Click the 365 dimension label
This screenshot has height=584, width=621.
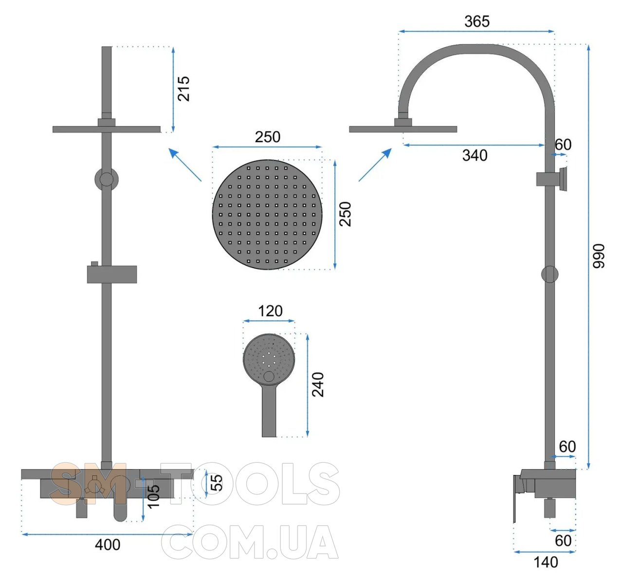pos(477,21)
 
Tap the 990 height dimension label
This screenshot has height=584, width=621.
pos(599,256)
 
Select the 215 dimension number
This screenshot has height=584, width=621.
pos(183,89)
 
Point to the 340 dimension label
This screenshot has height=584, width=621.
pos(475,155)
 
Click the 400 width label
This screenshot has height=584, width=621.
pos(108,545)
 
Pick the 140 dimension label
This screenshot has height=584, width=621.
pos(546,562)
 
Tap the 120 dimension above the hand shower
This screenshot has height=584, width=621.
pos(270,311)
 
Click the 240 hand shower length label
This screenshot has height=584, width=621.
pos(318,384)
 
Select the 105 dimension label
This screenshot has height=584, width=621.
pos(153,496)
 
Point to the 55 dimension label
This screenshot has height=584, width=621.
pos(217,483)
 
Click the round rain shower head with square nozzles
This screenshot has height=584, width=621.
pos(267,215)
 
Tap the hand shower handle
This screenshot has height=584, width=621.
pos(269,410)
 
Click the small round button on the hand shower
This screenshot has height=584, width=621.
pos(269,376)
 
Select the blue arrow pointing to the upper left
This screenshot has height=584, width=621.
pos(185,164)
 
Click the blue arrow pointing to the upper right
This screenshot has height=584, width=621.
pos(375,164)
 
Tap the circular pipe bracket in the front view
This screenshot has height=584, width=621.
pos(107,179)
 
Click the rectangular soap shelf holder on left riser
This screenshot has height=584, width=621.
pos(111,274)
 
